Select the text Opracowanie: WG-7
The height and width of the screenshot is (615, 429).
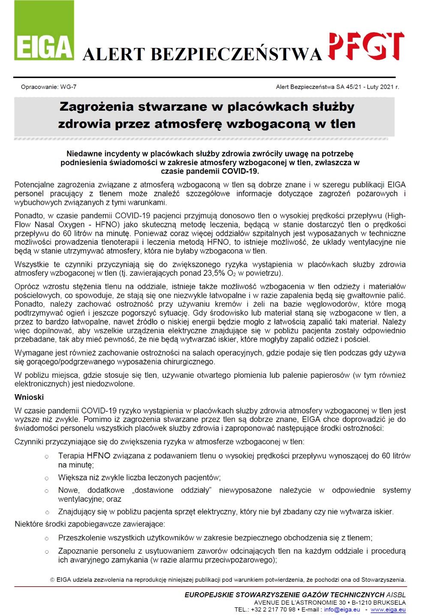point(49,87)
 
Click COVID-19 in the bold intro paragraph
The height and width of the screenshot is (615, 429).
point(240,171)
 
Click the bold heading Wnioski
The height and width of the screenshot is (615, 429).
point(29,397)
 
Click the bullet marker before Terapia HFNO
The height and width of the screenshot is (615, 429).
point(47,456)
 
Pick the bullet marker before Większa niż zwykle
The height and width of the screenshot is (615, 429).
point(47,478)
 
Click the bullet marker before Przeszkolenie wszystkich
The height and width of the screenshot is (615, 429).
point(47,538)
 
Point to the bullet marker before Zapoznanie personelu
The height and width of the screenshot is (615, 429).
point(47,551)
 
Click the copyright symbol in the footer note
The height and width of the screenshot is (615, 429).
point(52,580)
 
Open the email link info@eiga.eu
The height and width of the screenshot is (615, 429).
point(342,609)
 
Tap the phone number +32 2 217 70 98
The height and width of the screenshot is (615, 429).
point(272,609)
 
